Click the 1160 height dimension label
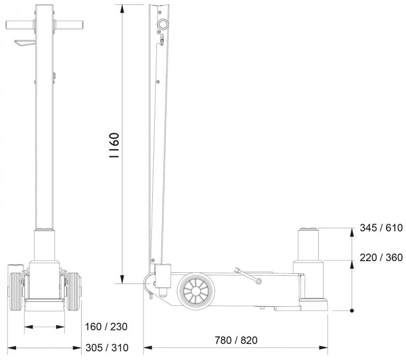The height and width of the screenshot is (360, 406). click(x=114, y=145)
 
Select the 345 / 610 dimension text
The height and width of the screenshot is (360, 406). click(x=381, y=228)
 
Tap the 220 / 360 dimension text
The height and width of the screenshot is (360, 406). click(x=381, y=258)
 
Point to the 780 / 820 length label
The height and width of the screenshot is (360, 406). click(x=236, y=340)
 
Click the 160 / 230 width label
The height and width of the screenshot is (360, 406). click(x=106, y=327)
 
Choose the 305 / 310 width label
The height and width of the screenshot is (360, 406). click(x=107, y=348)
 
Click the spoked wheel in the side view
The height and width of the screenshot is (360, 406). click(x=196, y=291)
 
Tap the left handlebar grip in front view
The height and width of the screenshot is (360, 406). click(x=20, y=25)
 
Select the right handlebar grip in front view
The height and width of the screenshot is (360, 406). click(x=69, y=25)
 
